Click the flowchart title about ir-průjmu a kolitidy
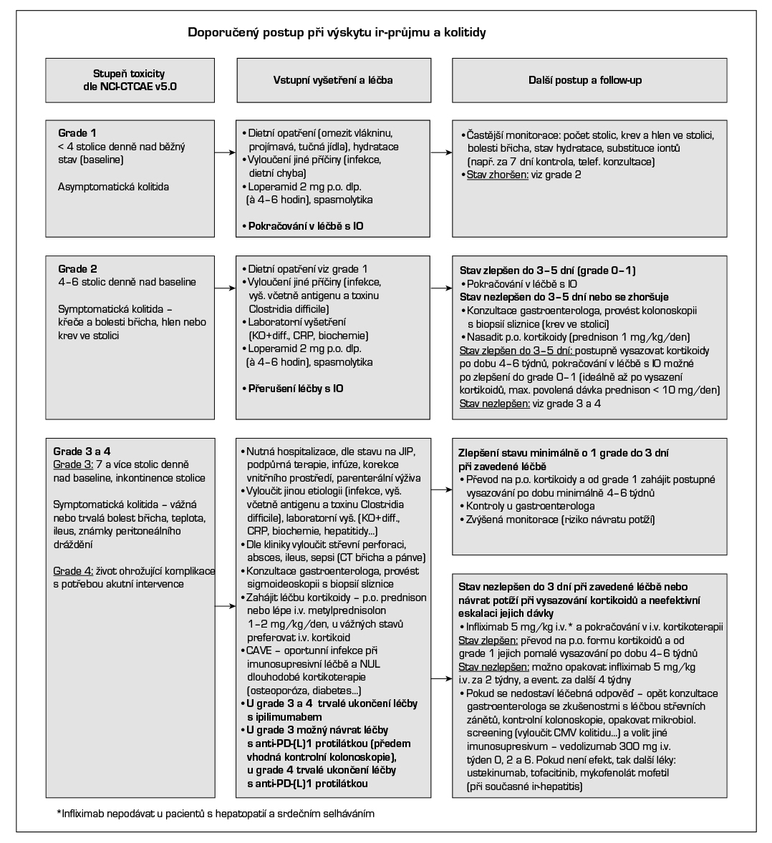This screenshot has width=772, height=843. click(337, 32)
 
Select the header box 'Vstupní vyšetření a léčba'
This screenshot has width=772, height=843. click(334, 80)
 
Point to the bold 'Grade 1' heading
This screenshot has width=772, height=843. click(77, 133)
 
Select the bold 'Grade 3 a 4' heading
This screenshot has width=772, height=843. click(82, 452)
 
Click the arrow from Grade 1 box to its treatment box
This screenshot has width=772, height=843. click(226, 152)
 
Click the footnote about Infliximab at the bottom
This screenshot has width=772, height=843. click(216, 814)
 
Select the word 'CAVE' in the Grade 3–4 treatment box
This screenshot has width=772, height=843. click(259, 650)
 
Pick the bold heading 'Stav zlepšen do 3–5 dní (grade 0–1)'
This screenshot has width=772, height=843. click(548, 271)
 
